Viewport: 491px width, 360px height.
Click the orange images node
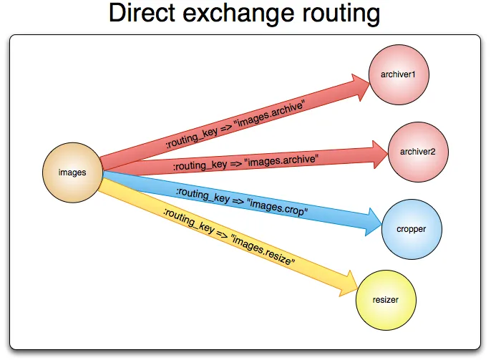[x=72, y=172]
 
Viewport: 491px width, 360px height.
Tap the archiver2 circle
[x=417, y=152]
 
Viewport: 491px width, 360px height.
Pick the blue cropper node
[x=411, y=229]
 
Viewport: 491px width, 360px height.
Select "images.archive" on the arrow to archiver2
[x=281, y=159]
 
